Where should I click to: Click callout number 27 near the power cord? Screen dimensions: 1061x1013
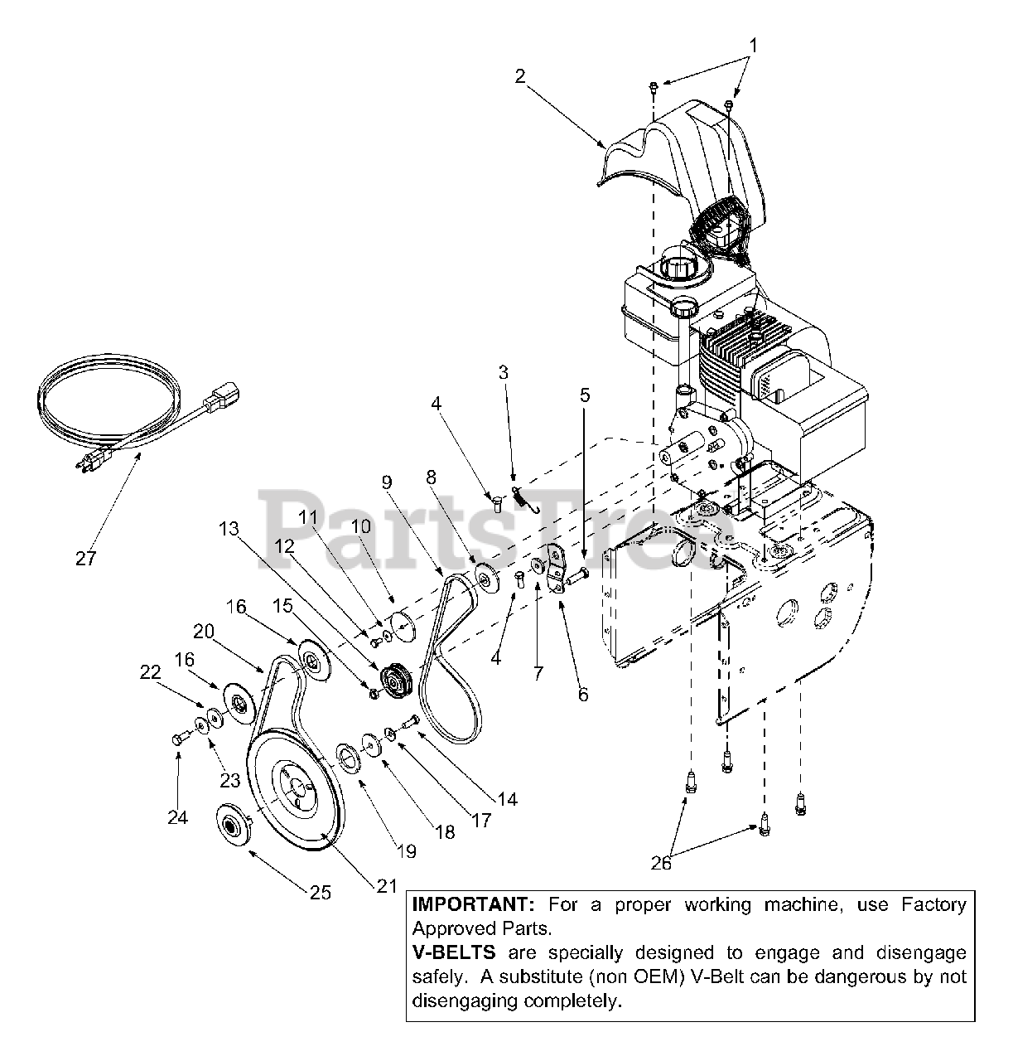85,558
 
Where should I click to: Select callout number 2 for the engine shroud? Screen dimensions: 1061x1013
519,76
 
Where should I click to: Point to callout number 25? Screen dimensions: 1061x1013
320,892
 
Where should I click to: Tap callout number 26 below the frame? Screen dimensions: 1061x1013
661,863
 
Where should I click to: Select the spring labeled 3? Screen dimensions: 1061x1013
520,497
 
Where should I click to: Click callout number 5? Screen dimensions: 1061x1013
585,395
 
